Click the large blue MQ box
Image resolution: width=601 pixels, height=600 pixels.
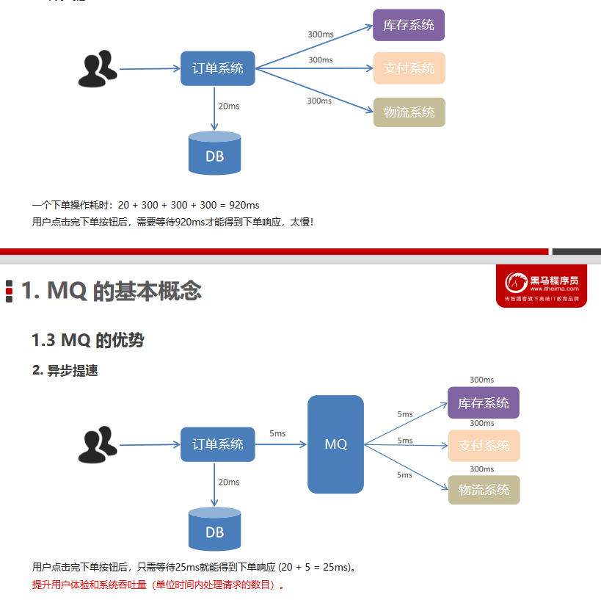click(335, 444)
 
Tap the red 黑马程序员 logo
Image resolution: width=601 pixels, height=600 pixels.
click(542, 286)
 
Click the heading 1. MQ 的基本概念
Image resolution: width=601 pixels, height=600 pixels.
click(111, 291)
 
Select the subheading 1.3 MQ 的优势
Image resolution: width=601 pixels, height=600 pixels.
click(88, 340)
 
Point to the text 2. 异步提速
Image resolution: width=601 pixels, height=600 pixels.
click(65, 371)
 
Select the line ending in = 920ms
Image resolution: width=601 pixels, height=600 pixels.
click(146, 206)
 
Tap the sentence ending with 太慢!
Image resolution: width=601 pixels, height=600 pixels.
click(173, 221)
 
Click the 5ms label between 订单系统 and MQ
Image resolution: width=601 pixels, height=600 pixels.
click(277, 433)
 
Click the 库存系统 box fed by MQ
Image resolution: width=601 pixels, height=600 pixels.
click(484, 403)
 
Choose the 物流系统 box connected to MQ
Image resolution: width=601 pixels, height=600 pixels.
click(484, 490)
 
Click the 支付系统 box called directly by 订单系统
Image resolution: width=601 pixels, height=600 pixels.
click(409, 68)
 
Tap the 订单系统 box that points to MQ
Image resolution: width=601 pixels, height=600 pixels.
click(218, 444)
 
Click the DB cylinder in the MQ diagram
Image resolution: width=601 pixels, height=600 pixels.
click(214, 529)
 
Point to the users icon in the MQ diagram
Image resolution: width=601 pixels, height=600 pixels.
click(98, 445)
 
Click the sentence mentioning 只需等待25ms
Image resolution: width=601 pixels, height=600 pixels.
click(194, 568)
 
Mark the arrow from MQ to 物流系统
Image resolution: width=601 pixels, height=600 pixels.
click(406, 466)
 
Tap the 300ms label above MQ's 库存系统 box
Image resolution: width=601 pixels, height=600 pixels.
click(481, 380)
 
